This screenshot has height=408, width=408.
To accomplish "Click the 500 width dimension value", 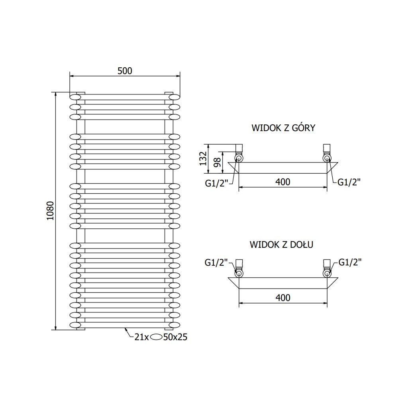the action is coord(125,71).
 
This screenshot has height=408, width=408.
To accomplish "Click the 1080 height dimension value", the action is coord(50,211).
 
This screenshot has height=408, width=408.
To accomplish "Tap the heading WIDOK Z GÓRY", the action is coord(284,128).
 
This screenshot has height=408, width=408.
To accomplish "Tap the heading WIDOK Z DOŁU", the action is coord(282,245).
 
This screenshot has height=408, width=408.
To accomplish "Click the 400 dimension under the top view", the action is coord(282,182).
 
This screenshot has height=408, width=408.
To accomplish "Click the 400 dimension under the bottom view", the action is coord(282,298).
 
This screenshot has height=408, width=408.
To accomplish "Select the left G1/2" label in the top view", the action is coord(216,182).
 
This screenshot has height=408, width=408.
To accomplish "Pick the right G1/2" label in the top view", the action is coord(349,182).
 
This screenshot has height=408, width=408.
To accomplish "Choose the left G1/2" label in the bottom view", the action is coord(216,262).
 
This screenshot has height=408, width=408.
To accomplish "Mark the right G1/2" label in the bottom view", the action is coord(350,262).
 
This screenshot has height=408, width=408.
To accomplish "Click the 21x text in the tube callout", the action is coord(141,337).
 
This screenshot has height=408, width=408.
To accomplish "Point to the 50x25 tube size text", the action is coord(175,337).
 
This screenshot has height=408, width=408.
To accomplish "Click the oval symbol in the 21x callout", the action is coord(156,337).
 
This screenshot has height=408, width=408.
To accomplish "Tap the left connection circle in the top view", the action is coord(238,159).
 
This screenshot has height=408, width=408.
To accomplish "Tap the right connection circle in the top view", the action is coord(327,159).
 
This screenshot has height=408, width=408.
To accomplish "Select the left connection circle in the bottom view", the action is coord(238,273).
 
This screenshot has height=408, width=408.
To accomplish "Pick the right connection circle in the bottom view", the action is coord(327,273).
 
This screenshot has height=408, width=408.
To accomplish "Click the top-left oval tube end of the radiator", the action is coord(75,97).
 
